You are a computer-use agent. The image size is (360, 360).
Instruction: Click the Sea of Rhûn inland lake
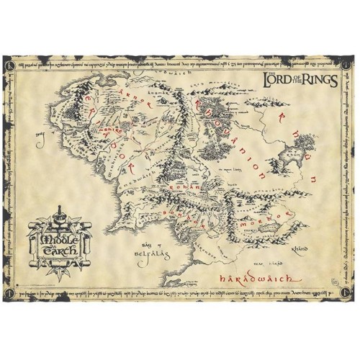[x=312, y=153]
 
